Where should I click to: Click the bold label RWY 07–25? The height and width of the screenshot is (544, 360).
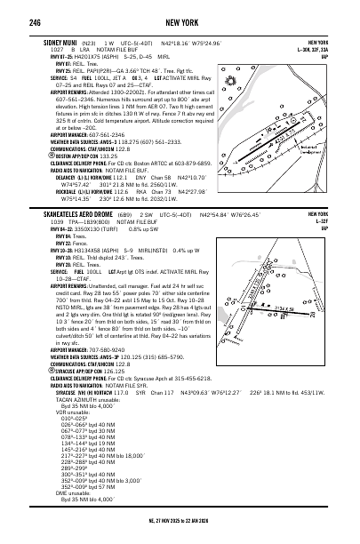(43, 56)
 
